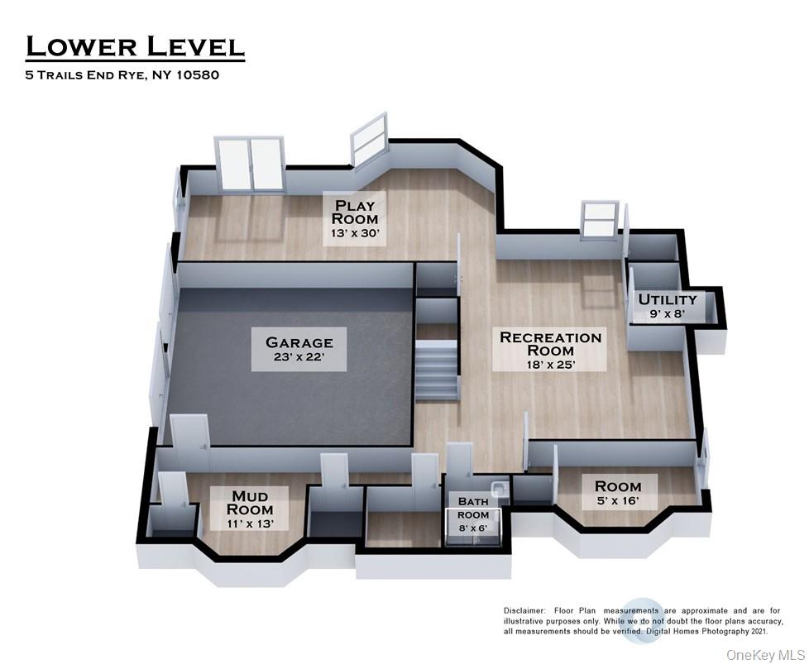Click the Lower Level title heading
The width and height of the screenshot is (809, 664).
135,47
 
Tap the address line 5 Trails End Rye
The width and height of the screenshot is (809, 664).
122,75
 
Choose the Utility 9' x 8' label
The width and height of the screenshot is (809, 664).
667,306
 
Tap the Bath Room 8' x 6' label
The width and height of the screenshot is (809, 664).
468,508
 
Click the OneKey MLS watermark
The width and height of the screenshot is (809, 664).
763,654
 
